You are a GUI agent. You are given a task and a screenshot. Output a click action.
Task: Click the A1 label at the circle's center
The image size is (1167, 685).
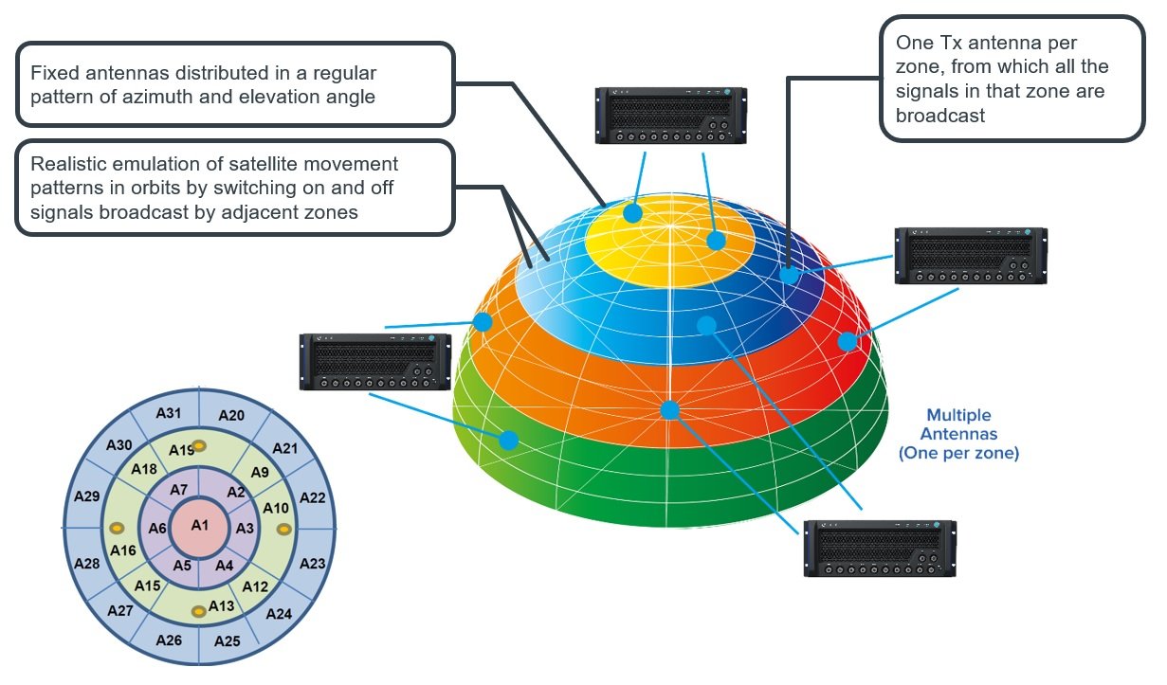[199, 525]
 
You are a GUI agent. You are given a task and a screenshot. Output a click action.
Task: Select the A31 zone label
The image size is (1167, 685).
[169, 413]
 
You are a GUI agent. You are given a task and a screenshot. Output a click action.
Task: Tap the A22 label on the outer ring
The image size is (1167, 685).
[312, 497]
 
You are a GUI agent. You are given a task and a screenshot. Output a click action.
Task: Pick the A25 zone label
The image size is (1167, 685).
[228, 641]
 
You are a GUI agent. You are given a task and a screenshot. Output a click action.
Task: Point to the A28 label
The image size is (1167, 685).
[87, 564]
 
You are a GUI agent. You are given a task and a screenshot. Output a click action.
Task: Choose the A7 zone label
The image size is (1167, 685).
[178, 490]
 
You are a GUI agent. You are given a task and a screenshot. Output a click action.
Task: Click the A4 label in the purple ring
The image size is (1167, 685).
[224, 566]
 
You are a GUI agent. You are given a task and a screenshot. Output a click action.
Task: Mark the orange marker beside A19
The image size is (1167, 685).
[199, 446]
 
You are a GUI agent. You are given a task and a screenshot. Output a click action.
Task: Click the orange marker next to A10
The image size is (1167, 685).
[283, 529]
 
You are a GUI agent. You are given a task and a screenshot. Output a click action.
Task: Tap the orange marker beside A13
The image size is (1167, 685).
[198, 613]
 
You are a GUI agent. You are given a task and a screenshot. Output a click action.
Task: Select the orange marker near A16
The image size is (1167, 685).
[117, 529]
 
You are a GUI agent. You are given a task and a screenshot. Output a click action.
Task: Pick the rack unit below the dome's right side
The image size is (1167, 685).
[879, 548]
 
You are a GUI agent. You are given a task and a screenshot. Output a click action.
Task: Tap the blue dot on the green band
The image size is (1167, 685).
[509, 440]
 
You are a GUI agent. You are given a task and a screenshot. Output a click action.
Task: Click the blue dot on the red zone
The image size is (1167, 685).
[847, 342]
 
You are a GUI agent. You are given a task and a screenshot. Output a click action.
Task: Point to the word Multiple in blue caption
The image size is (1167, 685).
[958, 415]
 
